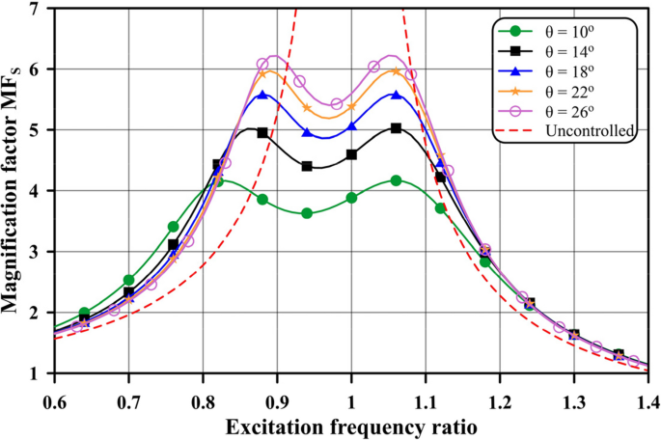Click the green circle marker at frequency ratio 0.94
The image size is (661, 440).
[x=307, y=213]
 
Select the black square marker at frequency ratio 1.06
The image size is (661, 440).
[x=396, y=127]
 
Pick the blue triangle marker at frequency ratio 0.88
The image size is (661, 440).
[x=262, y=95]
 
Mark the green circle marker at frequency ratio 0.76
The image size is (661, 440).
[x=173, y=227]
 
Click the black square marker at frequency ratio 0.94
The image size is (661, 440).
[x=307, y=166]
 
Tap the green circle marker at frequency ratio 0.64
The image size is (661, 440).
[x=84, y=314]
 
